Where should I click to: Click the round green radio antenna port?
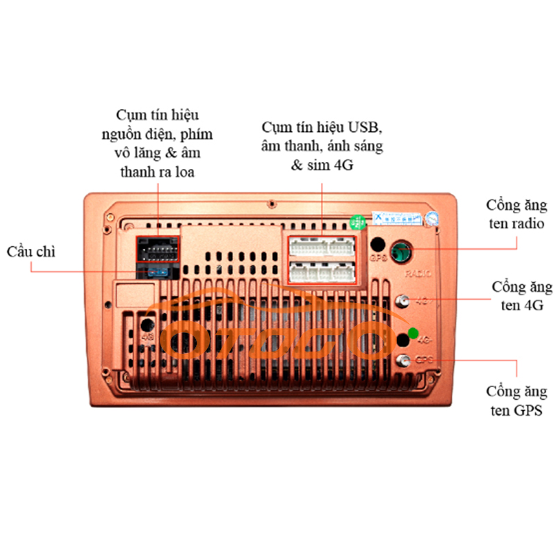tap(400, 251)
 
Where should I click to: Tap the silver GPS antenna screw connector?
tap(402, 359)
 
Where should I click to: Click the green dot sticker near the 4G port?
tap(414, 332)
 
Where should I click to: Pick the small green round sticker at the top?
tap(357, 222)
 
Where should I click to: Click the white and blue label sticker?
tap(396, 218)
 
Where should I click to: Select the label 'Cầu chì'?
tap(31, 252)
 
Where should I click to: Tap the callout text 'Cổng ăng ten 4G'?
tap(522, 296)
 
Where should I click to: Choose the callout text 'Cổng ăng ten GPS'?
tap(516, 401)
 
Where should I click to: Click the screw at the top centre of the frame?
tap(271, 204)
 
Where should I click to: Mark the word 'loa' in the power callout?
tap(183, 172)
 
